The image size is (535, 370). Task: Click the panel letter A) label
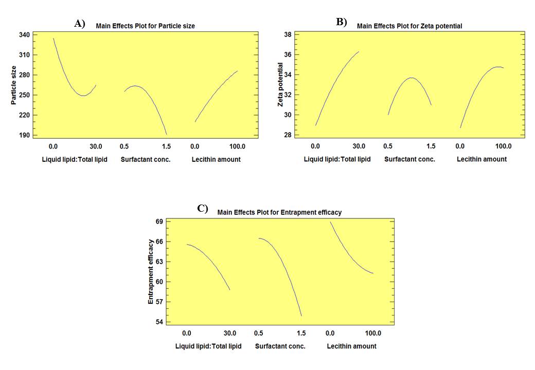[x=79, y=23]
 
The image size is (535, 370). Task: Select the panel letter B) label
[x=342, y=22]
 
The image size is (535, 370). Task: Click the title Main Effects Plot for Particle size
[x=146, y=26]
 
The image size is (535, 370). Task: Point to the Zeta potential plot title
[x=409, y=26]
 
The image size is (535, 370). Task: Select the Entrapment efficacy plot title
[x=279, y=212]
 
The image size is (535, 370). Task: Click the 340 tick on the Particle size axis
[x=24, y=35]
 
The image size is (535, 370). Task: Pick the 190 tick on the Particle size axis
[x=24, y=135]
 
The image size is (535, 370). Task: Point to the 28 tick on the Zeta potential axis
[x=288, y=135]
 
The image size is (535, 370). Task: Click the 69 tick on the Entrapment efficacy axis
[x=159, y=221]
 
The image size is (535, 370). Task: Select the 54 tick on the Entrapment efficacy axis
[x=159, y=322]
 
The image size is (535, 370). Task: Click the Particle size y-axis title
[x=14, y=85]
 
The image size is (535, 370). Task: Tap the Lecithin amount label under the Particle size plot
[x=216, y=159]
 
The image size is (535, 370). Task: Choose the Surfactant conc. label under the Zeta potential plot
[x=409, y=159]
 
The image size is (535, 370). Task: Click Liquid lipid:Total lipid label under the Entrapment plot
[x=208, y=346]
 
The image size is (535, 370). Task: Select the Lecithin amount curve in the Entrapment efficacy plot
[x=350, y=252]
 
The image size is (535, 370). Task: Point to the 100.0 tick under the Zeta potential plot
[x=503, y=145]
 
